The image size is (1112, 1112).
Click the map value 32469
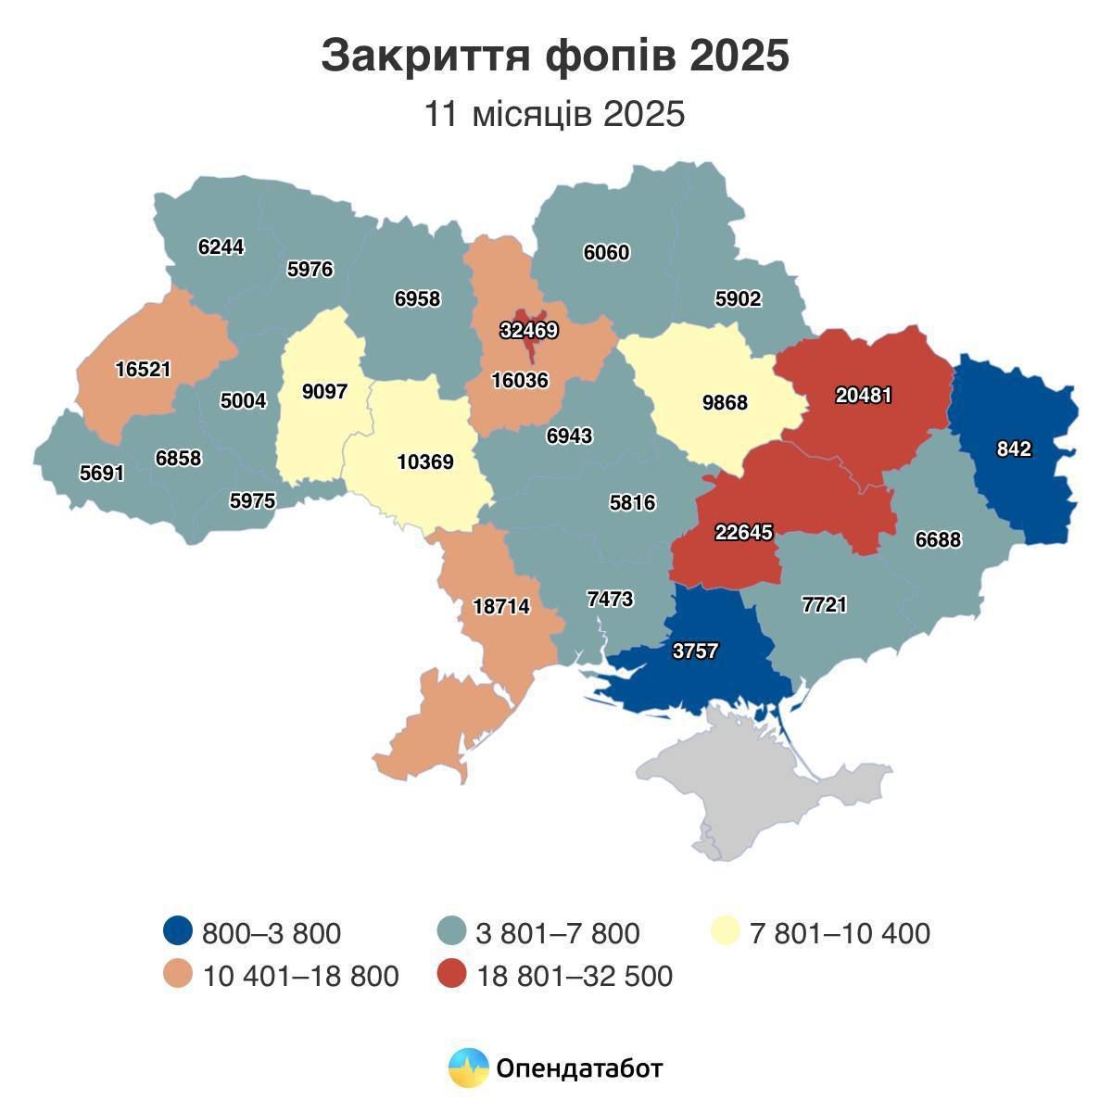(528, 331)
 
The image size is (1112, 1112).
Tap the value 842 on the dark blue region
(1014, 449)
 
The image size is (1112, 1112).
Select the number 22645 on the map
(743, 533)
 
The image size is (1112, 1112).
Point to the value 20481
(863, 395)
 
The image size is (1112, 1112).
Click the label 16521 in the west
(143, 370)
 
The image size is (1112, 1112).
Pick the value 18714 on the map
(500, 607)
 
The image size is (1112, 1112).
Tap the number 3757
(695, 651)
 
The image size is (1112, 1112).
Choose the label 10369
(425, 461)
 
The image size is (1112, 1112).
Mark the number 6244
(221, 247)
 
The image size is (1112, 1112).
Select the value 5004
(243, 401)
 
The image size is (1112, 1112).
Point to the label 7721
(824, 605)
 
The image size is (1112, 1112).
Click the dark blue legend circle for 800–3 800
(177, 932)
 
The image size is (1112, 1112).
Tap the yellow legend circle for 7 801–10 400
(726, 932)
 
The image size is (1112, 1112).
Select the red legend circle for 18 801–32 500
(451, 975)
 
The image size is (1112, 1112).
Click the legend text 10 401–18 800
(300, 976)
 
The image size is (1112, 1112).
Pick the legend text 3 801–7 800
(557, 933)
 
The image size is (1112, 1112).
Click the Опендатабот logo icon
(468, 1068)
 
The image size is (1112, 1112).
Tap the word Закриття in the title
(424, 56)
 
